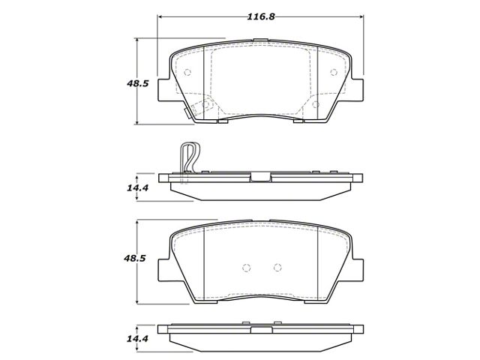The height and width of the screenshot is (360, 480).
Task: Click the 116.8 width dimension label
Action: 261,16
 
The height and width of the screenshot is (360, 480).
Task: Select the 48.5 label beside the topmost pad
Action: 138,83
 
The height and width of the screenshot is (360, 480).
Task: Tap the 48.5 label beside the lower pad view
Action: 134,258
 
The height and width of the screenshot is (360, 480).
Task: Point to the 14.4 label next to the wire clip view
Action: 138,187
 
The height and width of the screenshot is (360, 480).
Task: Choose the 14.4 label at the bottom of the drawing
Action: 138,338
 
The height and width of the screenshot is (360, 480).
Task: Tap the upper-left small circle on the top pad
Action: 187,72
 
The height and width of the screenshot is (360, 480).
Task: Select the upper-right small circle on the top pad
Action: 334,72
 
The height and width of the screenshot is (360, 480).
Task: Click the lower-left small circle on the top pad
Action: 206,105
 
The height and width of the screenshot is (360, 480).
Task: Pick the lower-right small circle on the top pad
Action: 316,105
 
